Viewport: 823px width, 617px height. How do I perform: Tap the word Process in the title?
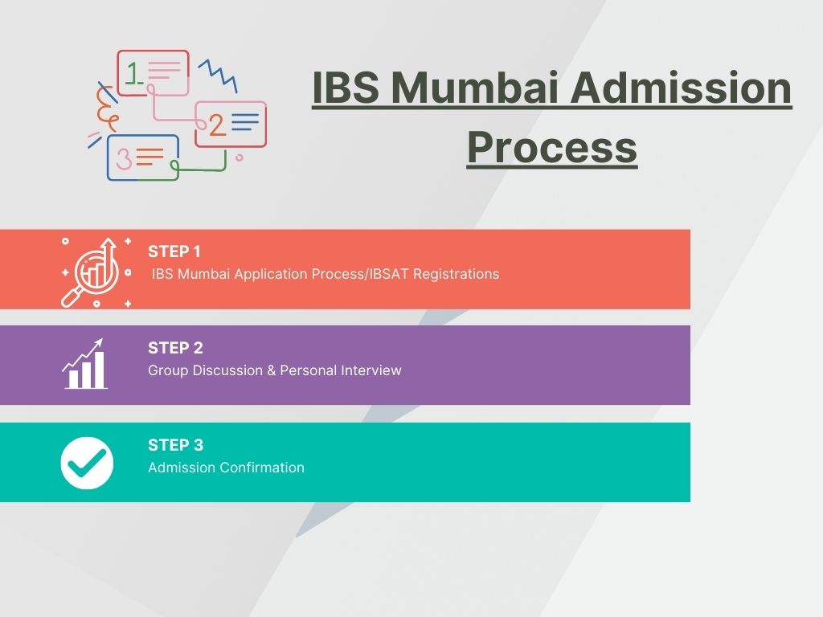coord(551,148)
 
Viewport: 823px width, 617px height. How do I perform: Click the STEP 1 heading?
coord(174,251)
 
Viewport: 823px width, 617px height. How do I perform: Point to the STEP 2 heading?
coord(175,348)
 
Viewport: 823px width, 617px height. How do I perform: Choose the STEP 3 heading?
coord(175,445)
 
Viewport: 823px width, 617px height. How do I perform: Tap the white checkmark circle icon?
coord(87,463)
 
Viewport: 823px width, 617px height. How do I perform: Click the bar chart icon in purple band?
coord(84,365)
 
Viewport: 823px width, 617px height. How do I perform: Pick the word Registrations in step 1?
coord(457,274)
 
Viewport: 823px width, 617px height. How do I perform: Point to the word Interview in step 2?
coord(371,370)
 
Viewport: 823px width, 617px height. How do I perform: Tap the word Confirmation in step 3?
coord(259,468)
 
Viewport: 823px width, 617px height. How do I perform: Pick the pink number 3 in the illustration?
coord(123,158)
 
